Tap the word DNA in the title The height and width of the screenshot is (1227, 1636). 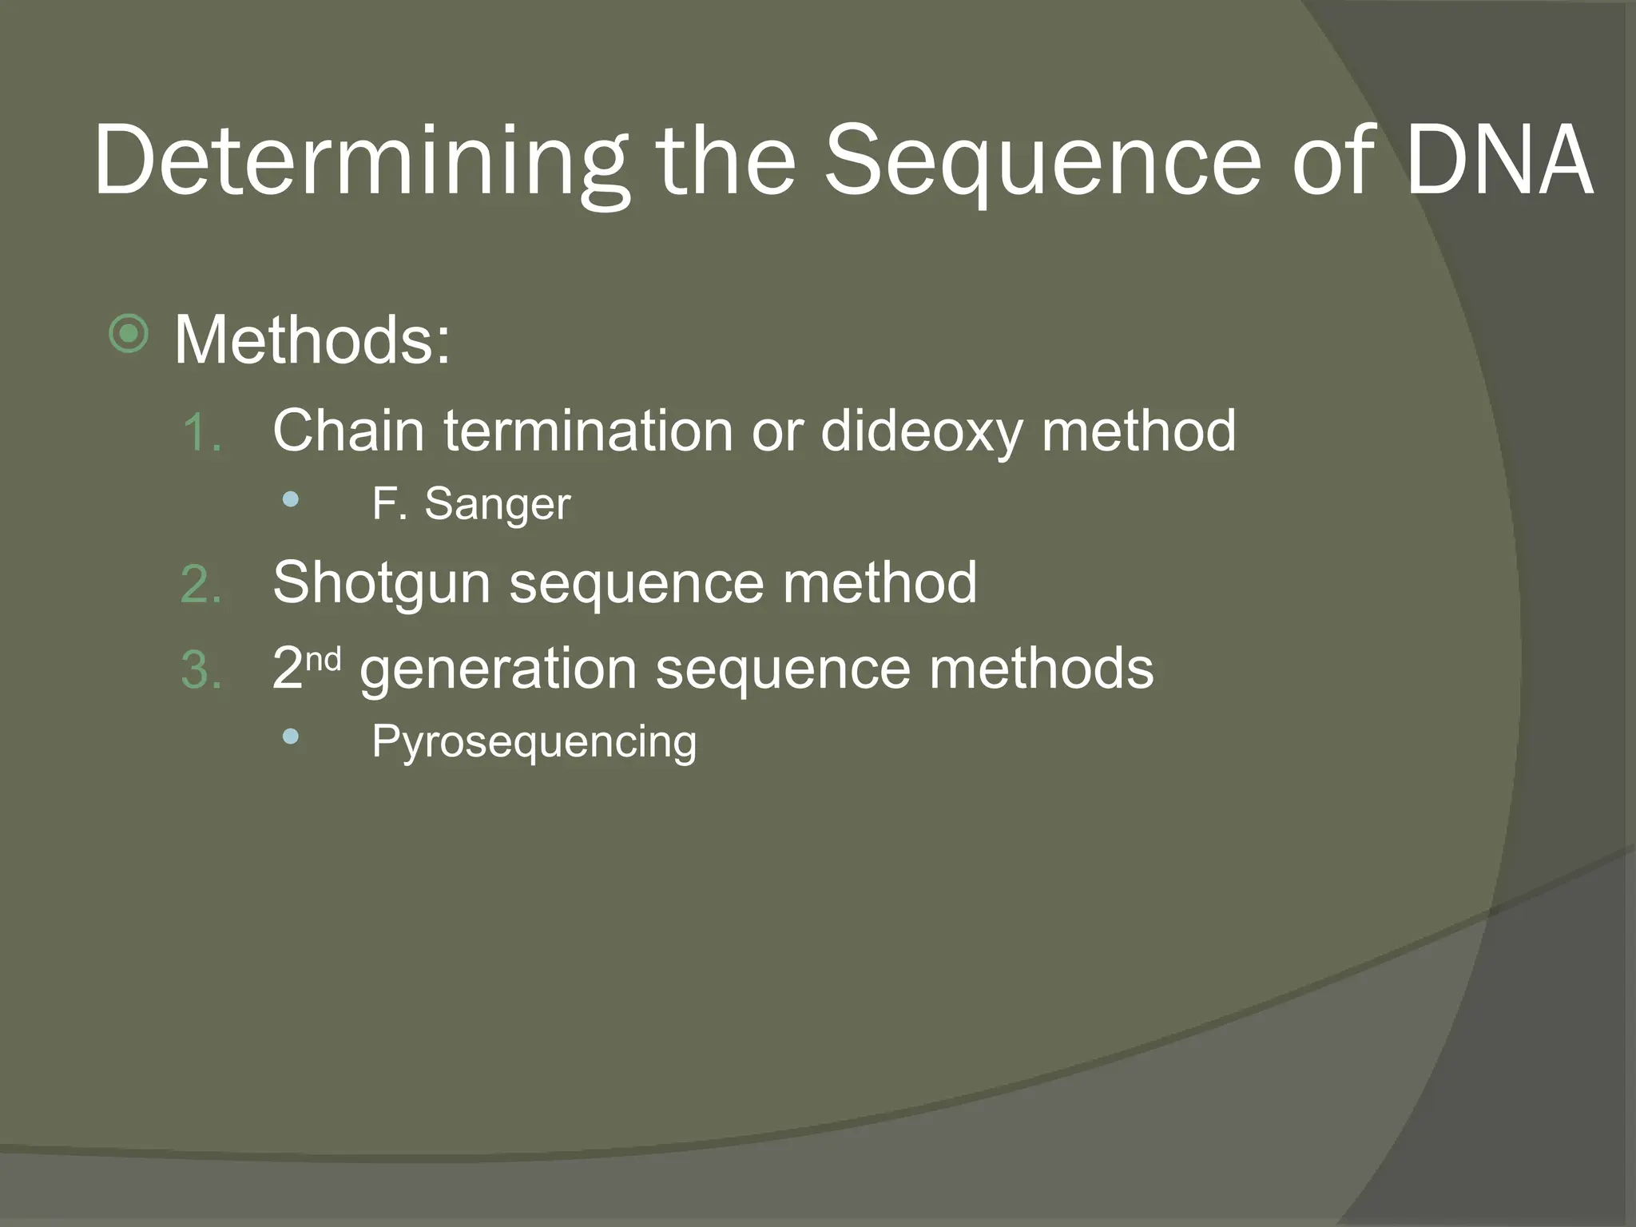click(x=1499, y=160)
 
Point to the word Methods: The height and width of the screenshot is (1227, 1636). click(x=312, y=340)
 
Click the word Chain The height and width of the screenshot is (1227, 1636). click(x=347, y=431)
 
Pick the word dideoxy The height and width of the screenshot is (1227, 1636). click(x=921, y=432)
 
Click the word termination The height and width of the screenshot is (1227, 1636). click(x=588, y=431)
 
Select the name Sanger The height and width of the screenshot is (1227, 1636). click(x=497, y=506)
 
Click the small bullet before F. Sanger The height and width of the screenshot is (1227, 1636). click(x=291, y=501)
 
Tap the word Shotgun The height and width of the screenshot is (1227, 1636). click(x=381, y=583)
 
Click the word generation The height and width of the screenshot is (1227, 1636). click(x=498, y=669)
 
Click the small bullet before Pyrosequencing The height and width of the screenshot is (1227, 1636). click(x=291, y=737)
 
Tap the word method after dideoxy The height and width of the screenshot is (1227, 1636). click(x=1139, y=431)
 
